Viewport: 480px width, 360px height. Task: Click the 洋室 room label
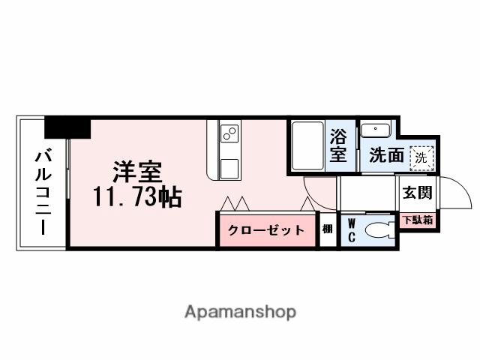[137, 172]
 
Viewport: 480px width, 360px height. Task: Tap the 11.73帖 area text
[137, 197]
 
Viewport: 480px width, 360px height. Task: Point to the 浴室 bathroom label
[339, 146]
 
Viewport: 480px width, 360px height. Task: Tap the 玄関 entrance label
[416, 193]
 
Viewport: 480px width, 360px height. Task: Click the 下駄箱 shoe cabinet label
[416, 220]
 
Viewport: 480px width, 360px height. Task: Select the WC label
[351, 229]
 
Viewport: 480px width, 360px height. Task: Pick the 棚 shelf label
[328, 230]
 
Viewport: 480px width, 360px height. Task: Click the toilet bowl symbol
[379, 229]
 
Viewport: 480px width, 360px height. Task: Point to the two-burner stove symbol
[229, 135]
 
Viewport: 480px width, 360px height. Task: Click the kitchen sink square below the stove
[229, 166]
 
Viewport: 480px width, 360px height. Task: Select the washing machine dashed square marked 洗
[421, 157]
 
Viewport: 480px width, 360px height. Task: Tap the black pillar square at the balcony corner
[67, 127]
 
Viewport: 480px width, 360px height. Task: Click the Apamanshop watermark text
[240, 311]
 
